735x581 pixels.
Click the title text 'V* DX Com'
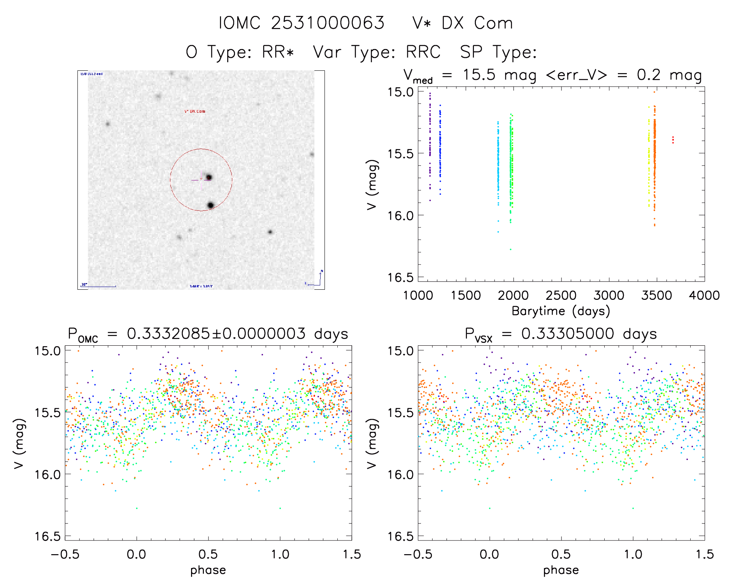[x=462, y=23]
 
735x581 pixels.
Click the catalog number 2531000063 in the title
[x=328, y=23]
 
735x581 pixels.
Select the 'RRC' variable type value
[x=423, y=52]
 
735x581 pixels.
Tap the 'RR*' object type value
[x=278, y=52]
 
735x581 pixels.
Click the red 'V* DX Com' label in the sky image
[x=195, y=111]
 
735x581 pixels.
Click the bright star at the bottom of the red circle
[x=211, y=205]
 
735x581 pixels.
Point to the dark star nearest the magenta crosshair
[x=209, y=177]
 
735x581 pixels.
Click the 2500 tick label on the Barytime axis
[x=561, y=296]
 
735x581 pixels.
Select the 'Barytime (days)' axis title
[x=561, y=311]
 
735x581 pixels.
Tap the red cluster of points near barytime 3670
[x=673, y=140]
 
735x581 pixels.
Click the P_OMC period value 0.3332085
[x=168, y=334]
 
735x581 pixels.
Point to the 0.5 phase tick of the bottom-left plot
[x=208, y=554]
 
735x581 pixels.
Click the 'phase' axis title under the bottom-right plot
[x=561, y=570]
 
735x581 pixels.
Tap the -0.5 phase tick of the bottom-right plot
[x=417, y=554]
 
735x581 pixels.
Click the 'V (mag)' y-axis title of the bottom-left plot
[x=19, y=444]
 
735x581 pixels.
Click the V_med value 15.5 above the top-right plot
[x=479, y=75]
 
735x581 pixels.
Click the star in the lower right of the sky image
[x=270, y=232]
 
